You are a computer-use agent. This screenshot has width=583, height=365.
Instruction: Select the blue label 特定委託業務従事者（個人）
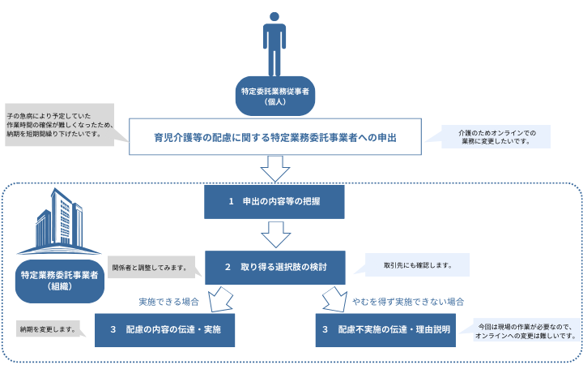[275, 97]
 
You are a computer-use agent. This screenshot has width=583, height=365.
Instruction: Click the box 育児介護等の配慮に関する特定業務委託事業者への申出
[275, 137]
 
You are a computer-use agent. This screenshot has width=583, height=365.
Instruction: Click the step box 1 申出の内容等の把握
[275, 201]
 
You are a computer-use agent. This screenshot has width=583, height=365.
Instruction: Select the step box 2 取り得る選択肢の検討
[275, 266]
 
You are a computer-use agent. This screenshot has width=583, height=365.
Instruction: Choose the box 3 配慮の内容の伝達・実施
[165, 329]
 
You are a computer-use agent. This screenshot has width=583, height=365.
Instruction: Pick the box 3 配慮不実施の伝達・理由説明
[384, 329]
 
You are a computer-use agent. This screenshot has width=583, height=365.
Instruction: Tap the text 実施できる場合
[168, 301]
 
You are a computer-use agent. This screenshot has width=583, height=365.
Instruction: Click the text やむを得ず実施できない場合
[407, 301]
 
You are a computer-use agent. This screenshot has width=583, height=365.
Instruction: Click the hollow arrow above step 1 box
[275, 169]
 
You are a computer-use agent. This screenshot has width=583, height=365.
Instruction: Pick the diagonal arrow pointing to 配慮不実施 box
[333, 298]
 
